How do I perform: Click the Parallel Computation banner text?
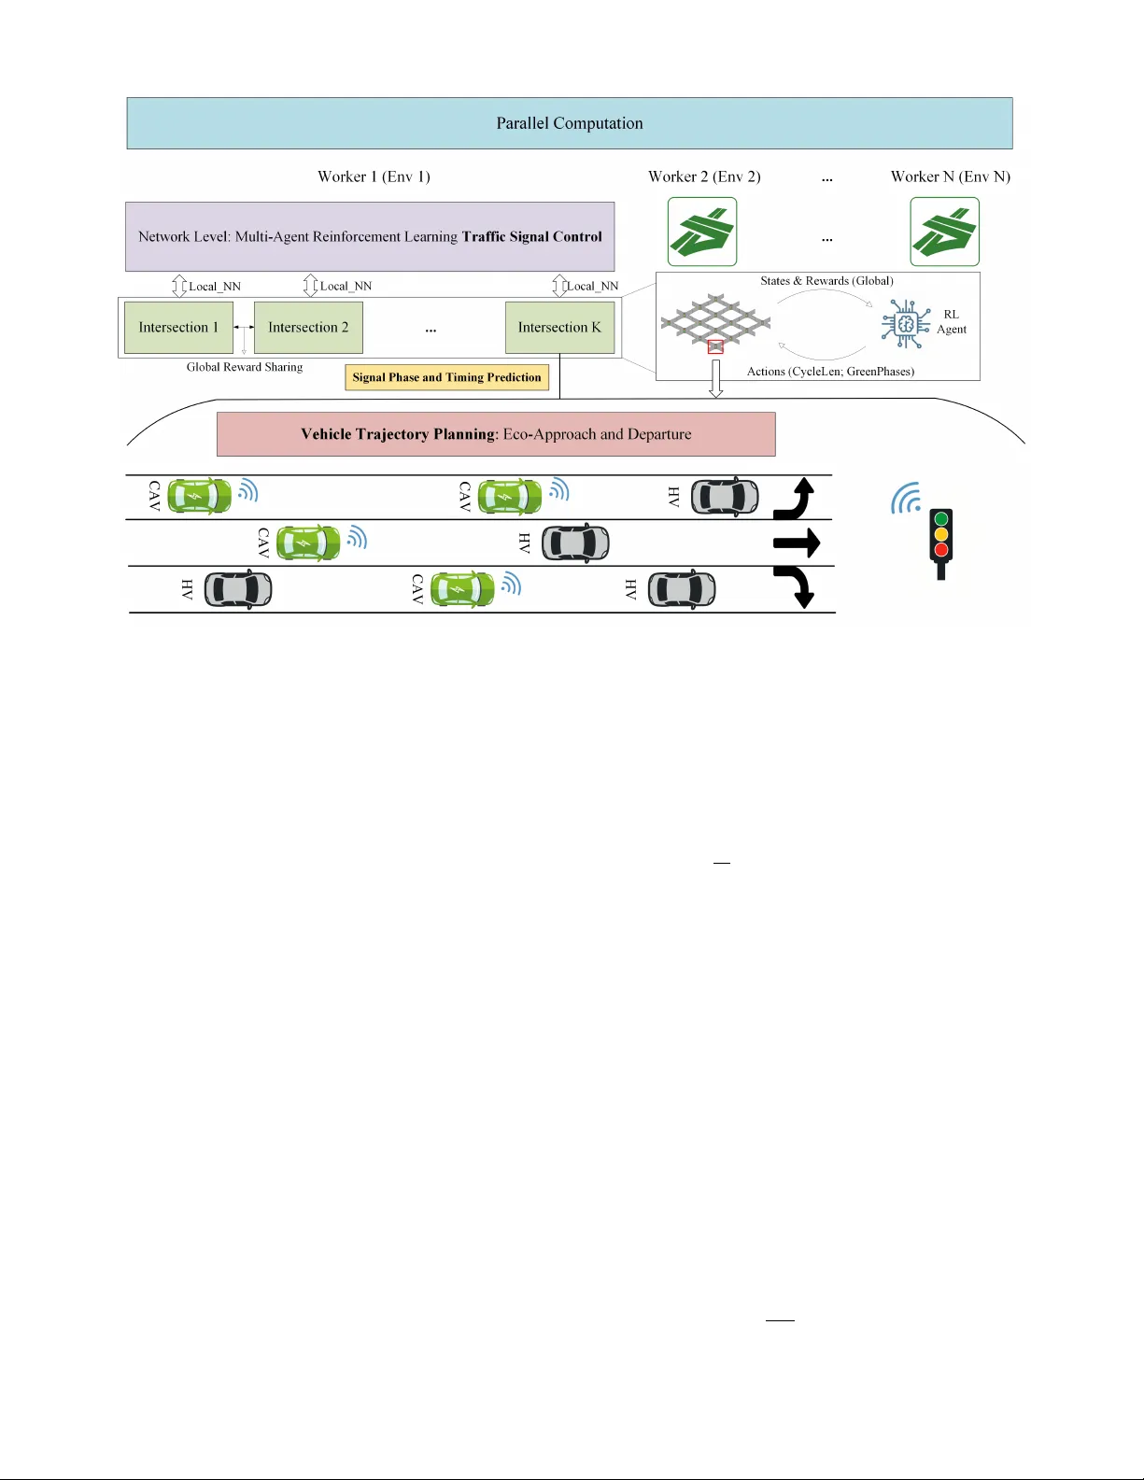(x=569, y=123)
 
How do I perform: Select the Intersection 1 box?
(x=178, y=328)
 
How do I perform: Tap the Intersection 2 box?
(x=308, y=328)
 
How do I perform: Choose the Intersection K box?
(x=559, y=328)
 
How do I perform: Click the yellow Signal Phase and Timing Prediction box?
(x=446, y=377)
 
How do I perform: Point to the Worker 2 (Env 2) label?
(x=704, y=176)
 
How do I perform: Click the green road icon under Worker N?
(x=944, y=232)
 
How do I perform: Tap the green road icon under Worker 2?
(x=702, y=232)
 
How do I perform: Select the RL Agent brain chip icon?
(x=905, y=324)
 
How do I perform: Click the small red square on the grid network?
(x=715, y=347)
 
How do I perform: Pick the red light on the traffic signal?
(x=941, y=549)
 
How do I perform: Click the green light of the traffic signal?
(x=941, y=518)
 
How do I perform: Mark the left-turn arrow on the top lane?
(x=795, y=499)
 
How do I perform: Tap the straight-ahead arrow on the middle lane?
(x=797, y=543)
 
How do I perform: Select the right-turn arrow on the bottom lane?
(x=796, y=586)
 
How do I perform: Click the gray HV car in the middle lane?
(x=575, y=543)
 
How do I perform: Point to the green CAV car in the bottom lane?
(x=461, y=589)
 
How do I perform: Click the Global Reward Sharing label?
(x=245, y=367)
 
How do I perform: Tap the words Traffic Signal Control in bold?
(x=531, y=236)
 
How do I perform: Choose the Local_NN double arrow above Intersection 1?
(x=179, y=286)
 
